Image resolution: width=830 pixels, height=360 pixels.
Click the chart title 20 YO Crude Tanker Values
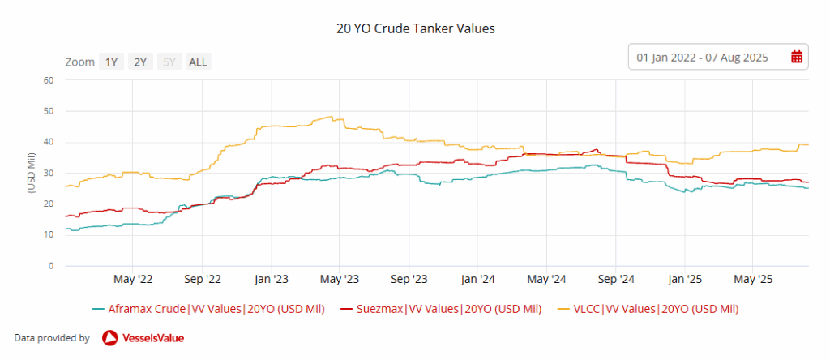pos(415,28)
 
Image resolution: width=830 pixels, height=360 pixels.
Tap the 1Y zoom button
pos(111,62)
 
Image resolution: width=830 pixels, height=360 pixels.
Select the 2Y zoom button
pos(140,62)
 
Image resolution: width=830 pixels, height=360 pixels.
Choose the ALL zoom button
pos(198,62)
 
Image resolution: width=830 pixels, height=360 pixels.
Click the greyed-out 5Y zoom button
pos(169,62)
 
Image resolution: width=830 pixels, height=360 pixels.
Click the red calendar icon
pos(796,57)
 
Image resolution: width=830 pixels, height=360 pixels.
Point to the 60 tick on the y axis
pos(48,80)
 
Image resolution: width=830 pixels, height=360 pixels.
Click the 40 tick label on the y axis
pos(48,142)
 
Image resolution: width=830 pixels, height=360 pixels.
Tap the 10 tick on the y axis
pos(48,235)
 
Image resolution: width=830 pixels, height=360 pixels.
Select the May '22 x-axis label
pos(134,280)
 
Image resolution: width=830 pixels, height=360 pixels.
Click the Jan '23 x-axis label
pos(272,280)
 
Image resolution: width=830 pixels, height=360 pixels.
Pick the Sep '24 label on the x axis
pos(616,280)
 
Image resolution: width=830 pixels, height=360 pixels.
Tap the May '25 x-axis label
pos(753,280)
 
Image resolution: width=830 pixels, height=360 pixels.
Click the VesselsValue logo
pos(143,338)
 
